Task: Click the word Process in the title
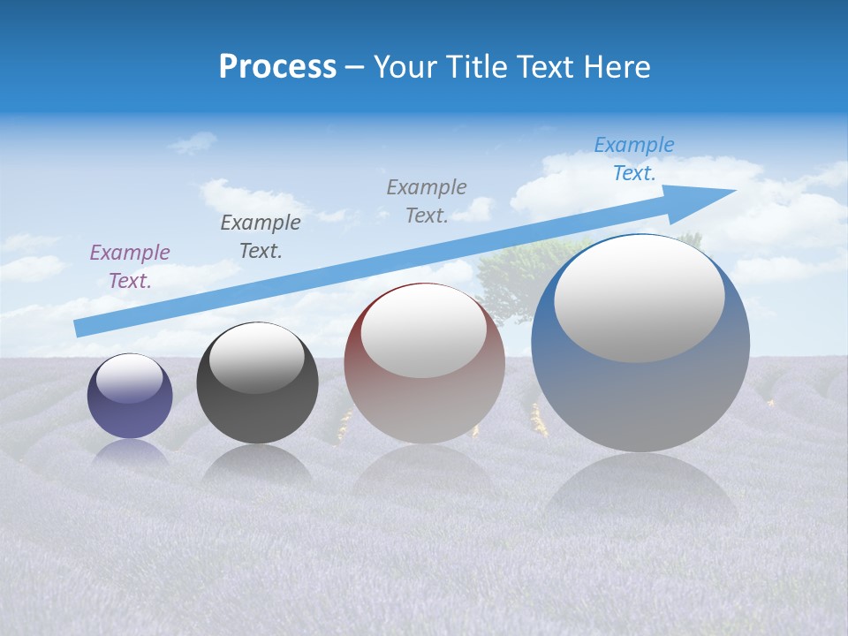click(x=277, y=66)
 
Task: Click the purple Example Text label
click(x=130, y=267)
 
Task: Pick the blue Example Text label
click(x=634, y=159)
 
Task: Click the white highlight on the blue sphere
click(x=640, y=299)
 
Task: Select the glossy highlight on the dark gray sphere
click(x=257, y=358)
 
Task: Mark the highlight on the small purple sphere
click(x=130, y=378)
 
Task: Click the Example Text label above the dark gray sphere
click(x=261, y=237)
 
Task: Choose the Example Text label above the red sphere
click(x=427, y=201)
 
